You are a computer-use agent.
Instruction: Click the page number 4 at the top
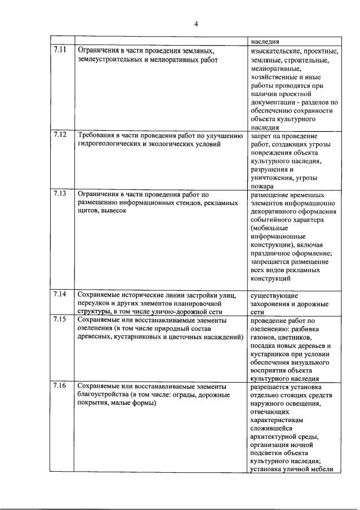(x=196, y=23)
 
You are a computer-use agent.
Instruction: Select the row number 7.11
(x=60, y=49)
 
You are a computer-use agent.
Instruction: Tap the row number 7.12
(x=60, y=135)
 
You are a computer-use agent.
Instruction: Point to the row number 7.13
(x=60, y=193)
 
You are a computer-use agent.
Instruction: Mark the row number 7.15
(x=60, y=320)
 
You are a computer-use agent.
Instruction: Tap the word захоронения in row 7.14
(x=269, y=303)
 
